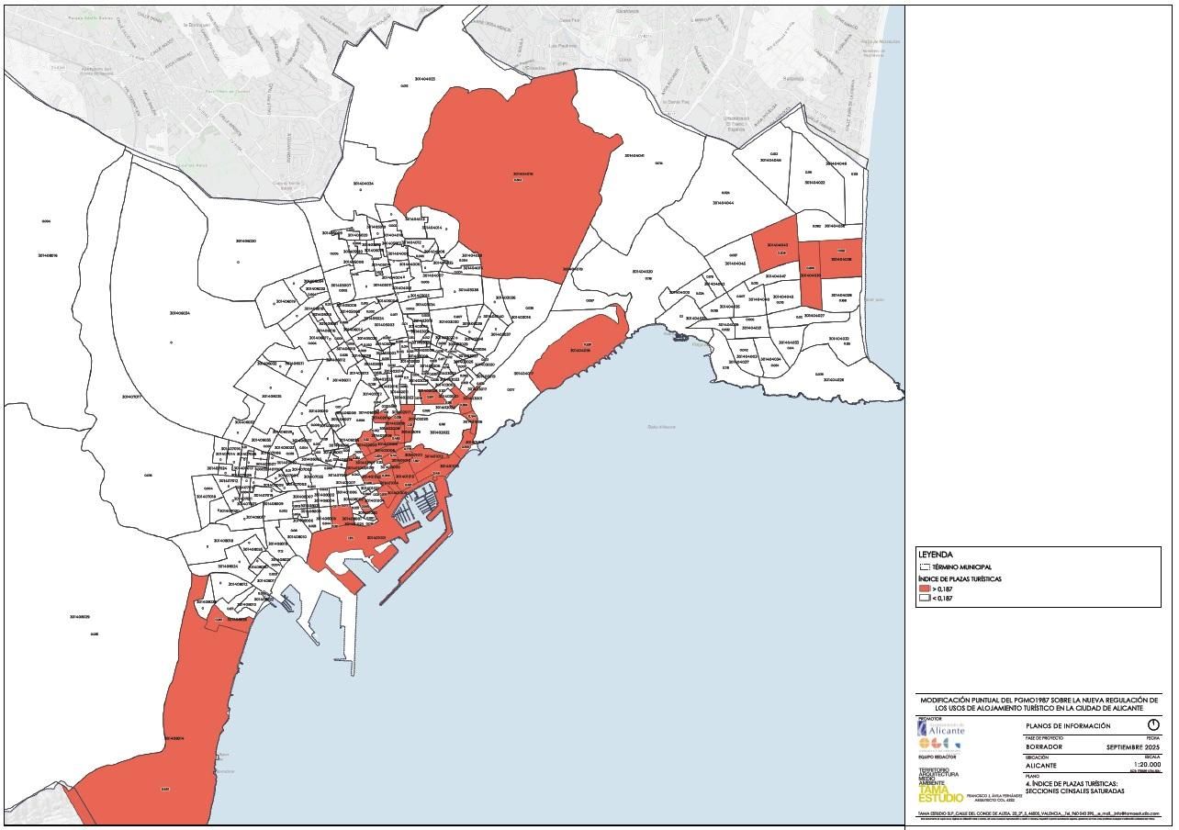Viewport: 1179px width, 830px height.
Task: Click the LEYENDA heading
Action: point(935,555)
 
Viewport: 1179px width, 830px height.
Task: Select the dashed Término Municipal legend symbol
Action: point(925,567)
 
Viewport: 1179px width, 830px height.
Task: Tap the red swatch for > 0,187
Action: point(924,589)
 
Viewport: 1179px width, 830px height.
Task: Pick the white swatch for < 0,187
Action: point(924,599)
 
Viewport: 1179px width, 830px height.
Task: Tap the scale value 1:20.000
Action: point(1147,765)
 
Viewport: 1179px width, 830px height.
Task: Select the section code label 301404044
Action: point(722,203)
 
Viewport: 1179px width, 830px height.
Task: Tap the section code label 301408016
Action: point(48,255)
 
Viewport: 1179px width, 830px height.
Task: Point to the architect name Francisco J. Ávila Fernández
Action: point(987,797)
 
